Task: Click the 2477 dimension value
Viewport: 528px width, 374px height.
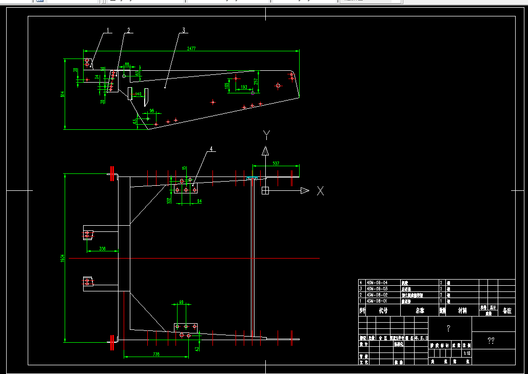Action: click(x=191, y=49)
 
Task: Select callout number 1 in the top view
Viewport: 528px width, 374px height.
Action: click(x=108, y=30)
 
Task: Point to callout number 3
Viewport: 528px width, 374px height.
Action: click(x=183, y=30)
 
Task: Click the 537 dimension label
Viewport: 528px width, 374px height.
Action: click(x=276, y=163)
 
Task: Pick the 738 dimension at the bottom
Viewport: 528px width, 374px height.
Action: click(x=156, y=354)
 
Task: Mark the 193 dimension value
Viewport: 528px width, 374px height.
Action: click(x=244, y=87)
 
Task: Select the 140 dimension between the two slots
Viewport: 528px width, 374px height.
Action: click(x=138, y=94)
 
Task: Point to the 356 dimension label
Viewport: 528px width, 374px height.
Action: click(x=103, y=248)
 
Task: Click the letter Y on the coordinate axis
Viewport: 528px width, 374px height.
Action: click(x=266, y=135)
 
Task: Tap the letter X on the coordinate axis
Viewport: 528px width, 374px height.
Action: click(x=320, y=191)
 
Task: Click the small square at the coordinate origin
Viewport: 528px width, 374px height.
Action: click(x=265, y=191)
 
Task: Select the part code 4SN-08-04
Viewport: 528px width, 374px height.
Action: click(x=377, y=283)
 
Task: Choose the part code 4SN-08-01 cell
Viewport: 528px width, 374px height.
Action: click(x=377, y=301)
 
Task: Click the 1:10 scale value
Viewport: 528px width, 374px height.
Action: click(x=466, y=353)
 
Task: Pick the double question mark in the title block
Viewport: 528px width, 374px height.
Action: click(x=491, y=341)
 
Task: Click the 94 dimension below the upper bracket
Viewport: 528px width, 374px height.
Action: click(x=199, y=202)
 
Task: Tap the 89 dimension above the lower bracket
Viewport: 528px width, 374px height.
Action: click(x=181, y=302)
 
